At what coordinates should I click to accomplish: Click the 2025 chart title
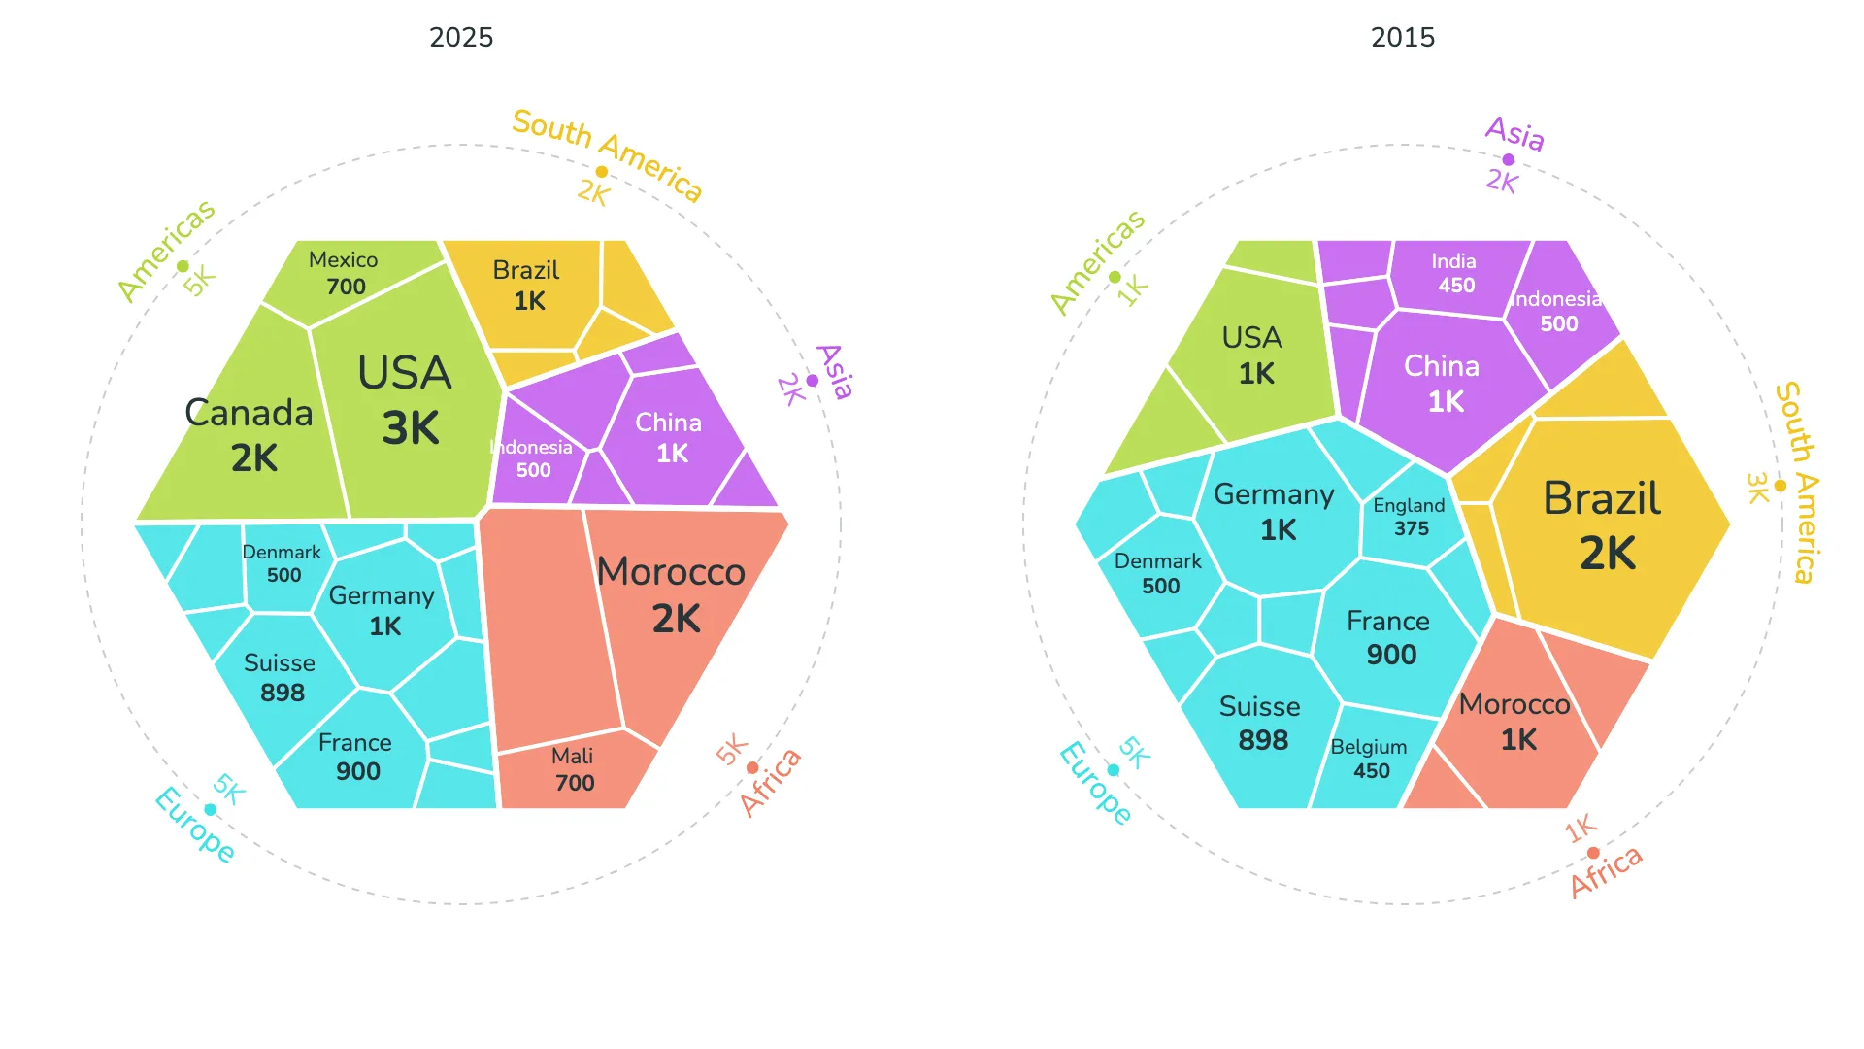(461, 37)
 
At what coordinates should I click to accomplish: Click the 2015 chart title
(1402, 37)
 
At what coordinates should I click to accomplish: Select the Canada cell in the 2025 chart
(250, 434)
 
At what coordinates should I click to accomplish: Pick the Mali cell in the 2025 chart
(573, 769)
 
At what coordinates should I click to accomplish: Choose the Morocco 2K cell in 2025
(673, 594)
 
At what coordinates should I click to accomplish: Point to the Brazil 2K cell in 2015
(1604, 525)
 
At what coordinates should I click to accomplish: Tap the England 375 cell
(1410, 517)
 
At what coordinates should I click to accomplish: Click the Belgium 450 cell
(1369, 759)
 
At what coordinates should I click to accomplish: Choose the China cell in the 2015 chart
(1443, 384)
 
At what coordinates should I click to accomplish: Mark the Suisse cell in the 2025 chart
(281, 677)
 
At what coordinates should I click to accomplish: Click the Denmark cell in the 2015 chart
(1159, 573)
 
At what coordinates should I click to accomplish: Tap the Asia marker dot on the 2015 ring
(1508, 160)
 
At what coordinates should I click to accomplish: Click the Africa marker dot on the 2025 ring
(752, 768)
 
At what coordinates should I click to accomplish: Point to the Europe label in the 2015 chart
(1095, 783)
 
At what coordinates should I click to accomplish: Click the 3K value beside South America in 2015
(1757, 488)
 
